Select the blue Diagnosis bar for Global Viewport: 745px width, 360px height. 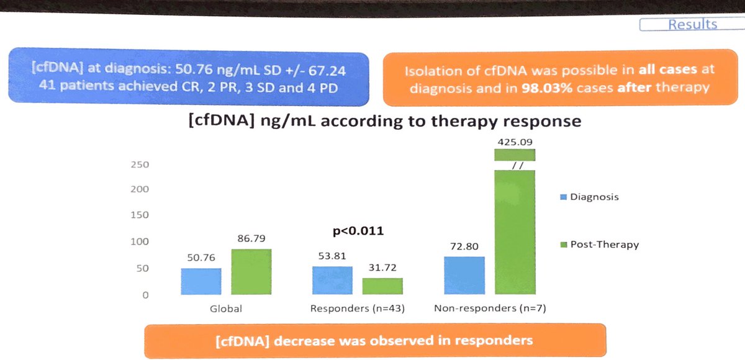[x=201, y=281]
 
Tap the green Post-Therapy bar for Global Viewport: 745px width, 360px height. [x=251, y=272]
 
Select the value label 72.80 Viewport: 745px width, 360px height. [x=464, y=247]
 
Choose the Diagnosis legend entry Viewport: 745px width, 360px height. [x=590, y=197]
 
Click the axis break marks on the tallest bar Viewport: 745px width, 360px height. [x=514, y=165]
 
